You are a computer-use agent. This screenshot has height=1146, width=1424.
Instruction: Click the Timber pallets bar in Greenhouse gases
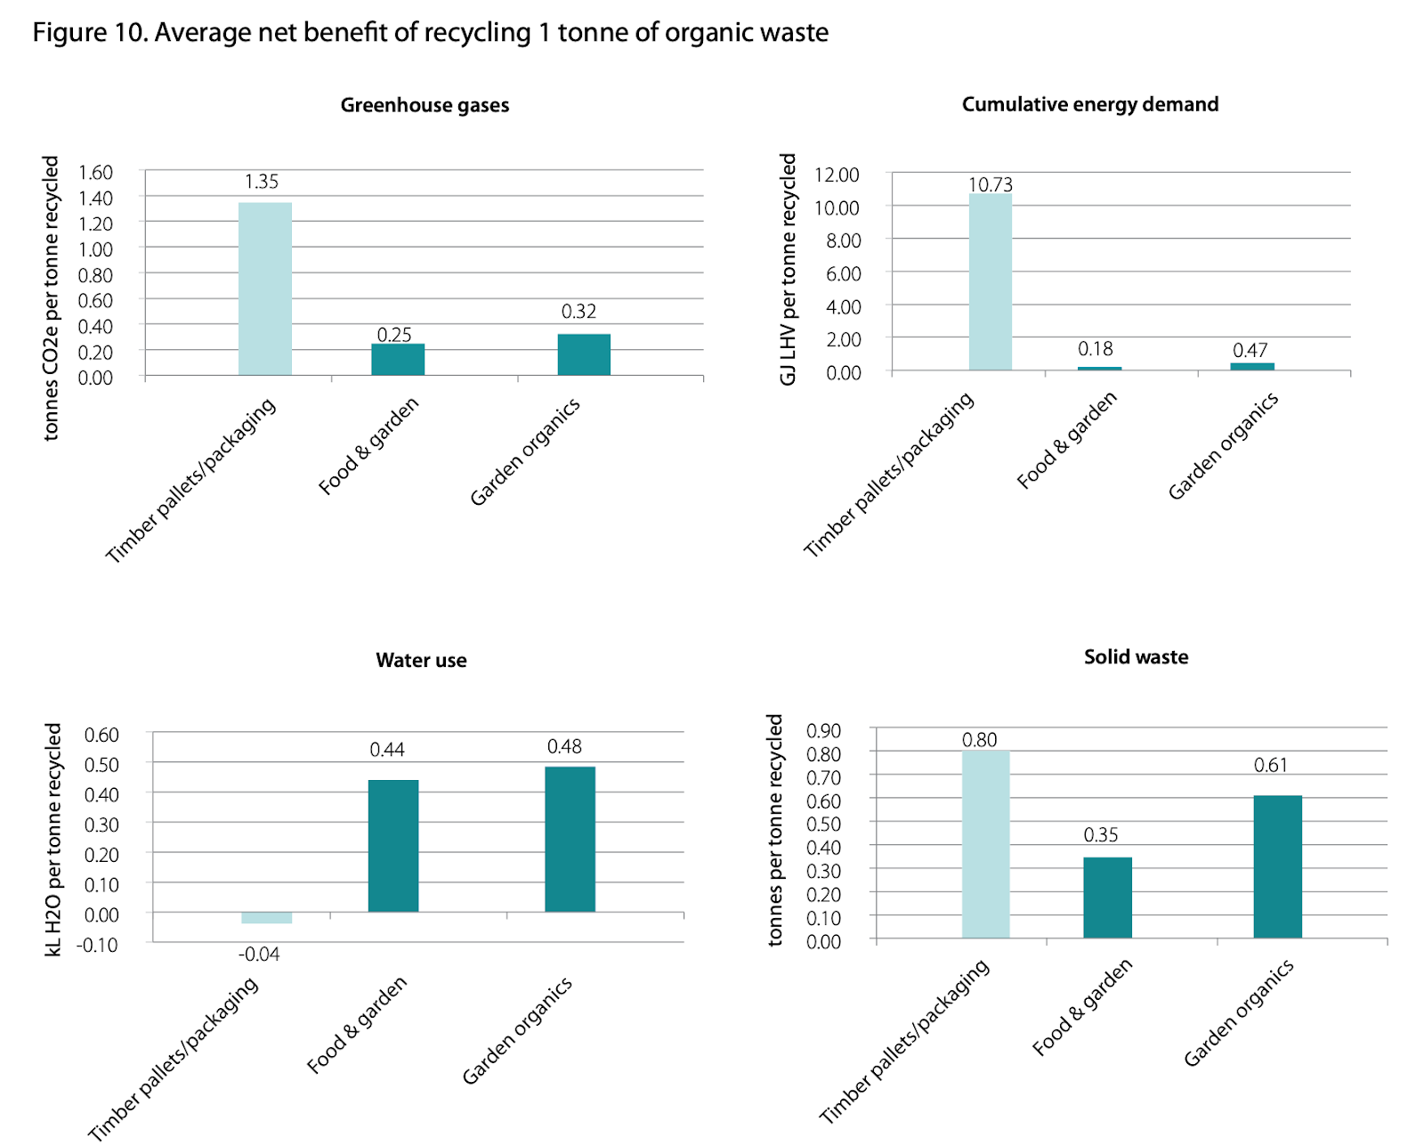click(x=264, y=289)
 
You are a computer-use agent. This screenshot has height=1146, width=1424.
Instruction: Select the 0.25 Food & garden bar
click(x=398, y=359)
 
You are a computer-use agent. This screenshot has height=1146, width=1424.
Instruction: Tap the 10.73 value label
click(x=991, y=184)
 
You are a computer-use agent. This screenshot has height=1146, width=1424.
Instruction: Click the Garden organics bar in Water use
click(x=570, y=839)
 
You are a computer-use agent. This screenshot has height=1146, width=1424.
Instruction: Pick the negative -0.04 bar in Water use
click(x=266, y=918)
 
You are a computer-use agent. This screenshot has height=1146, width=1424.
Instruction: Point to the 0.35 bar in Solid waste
click(x=1107, y=898)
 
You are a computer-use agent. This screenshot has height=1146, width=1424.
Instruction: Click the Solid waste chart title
click(x=1136, y=657)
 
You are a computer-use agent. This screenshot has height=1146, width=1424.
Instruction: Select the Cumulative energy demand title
click(x=1089, y=104)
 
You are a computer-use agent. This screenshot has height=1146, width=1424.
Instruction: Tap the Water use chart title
click(x=421, y=660)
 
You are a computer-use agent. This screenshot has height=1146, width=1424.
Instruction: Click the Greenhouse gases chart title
click(x=425, y=105)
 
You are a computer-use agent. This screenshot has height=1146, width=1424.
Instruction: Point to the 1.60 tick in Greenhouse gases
click(x=95, y=172)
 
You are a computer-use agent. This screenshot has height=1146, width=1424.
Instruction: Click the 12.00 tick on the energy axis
click(x=837, y=175)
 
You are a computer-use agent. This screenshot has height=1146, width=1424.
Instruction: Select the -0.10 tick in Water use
click(x=97, y=945)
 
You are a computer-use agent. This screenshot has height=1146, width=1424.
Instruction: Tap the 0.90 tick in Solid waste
click(x=823, y=731)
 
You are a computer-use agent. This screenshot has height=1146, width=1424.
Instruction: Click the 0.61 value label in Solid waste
click(x=1270, y=765)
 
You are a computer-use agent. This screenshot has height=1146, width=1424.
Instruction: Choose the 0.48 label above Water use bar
click(x=564, y=746)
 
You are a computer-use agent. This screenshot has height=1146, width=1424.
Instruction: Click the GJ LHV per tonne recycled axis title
click(x=788, y=269)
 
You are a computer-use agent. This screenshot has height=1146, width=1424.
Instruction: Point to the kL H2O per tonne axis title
click(x=53, y=839)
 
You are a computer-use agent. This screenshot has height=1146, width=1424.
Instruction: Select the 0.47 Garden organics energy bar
click(x=1252, y=366)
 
